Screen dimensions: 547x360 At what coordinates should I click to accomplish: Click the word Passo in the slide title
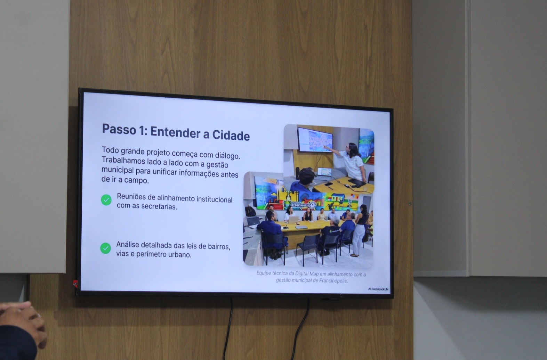[x=119, y=129]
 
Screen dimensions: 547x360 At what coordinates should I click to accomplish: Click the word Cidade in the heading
[x=231, y=135]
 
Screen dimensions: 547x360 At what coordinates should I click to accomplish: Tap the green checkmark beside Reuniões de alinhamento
[x=106, y=200]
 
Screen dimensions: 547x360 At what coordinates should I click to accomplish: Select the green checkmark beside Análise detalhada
[x=105, y=248]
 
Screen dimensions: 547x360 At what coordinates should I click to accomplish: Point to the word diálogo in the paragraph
[x=227, y=156]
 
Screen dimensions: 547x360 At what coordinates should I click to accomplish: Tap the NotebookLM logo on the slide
[x=378, y=289]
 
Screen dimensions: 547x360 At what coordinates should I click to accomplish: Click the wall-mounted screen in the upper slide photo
[x=315, y=140]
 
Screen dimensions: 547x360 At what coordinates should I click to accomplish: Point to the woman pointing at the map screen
[x=351, y=161]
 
